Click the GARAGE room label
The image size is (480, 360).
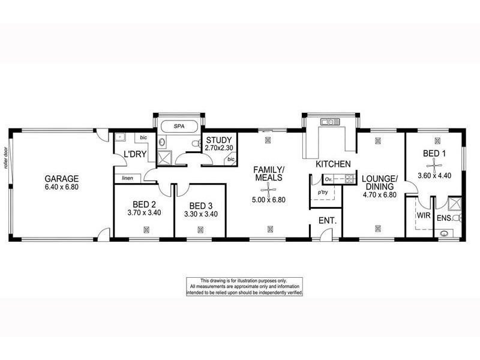pos(62,178)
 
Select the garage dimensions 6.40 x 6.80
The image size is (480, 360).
pos(62,187)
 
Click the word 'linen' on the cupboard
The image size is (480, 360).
pos(127,178)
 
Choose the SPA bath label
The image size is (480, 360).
pos(179,127)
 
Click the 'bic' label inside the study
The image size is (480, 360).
pos(231,160)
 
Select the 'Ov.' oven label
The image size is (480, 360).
pos(328,179)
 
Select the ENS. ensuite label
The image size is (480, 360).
pos(445,217)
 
